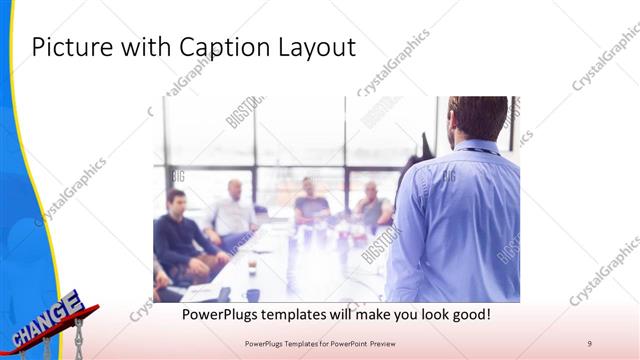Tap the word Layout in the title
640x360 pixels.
click(x=316, y=47)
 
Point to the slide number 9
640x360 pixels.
click(x=590, y=343)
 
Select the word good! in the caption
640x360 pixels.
click(x=465, y=314)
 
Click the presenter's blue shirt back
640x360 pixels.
click(x=460, y=220)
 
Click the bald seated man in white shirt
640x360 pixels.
click(x=234, y=210)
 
